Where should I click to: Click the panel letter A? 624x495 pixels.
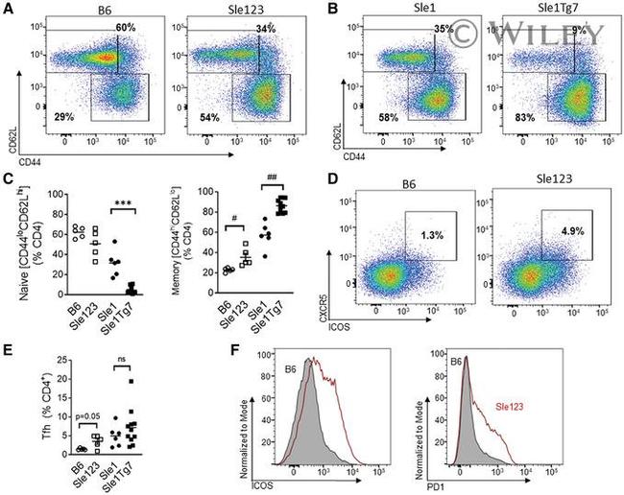coord(10,10)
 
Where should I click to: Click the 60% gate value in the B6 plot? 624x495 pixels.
coord(126,28)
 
